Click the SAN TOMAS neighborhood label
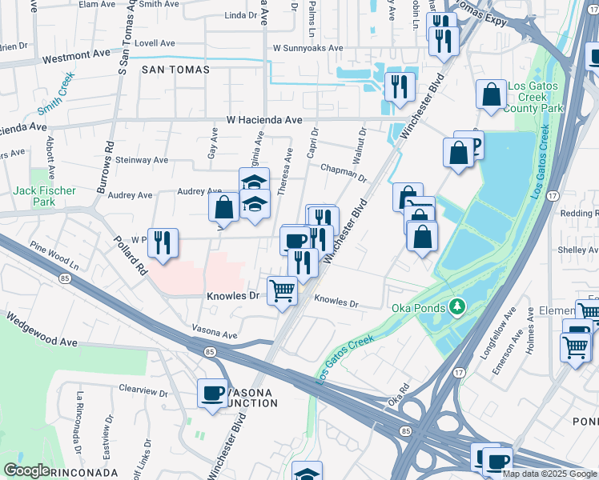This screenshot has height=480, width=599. coord(175,70)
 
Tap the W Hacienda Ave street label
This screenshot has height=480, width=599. coord(264,119)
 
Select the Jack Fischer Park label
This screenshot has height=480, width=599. coord(45,196)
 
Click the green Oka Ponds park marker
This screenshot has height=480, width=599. coord(457,306)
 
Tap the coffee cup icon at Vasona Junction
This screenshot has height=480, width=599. coord(212,394)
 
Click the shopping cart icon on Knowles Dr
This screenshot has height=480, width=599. coord(281,291)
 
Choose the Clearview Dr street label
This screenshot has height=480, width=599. coord(143,394)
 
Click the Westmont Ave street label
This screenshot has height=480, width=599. coord(75,58)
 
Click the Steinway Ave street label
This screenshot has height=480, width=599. coord(142,160)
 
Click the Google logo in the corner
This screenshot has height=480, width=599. coord(26,470)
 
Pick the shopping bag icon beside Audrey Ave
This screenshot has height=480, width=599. coord(223,206)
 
